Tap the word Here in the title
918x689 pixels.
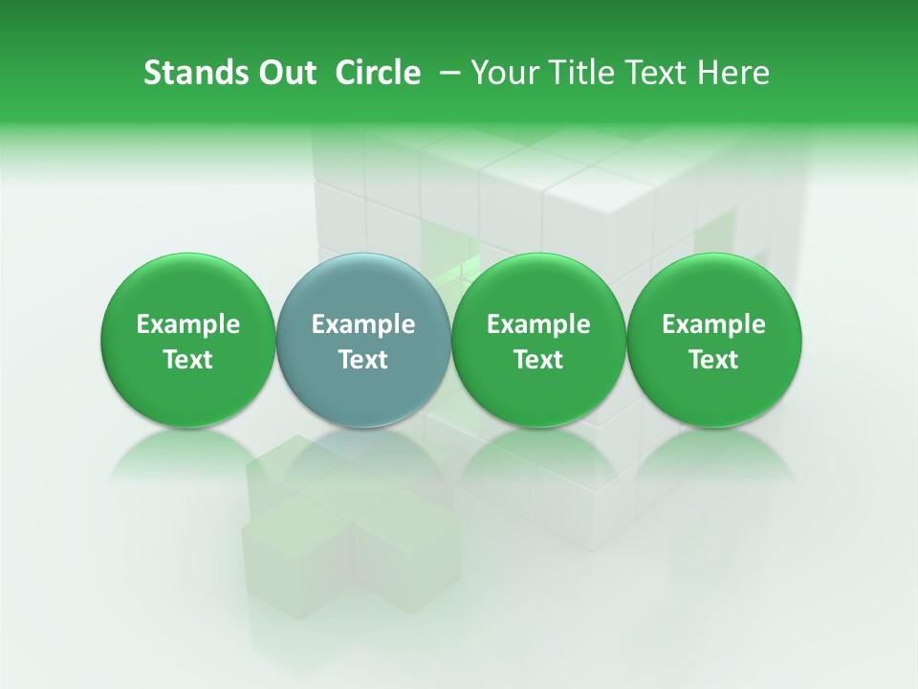pyautogui.click(x=732, y=73)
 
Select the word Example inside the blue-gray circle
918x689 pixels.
pyautogui.click(x=363, y=324)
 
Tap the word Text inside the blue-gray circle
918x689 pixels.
pyautogui.click(x=363, y=360)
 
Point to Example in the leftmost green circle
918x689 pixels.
pyautogui.click(x=188, y=324)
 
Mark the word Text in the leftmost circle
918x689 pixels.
pyautogui.click(x=188, y=360)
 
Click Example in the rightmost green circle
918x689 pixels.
pyautogui.click(x=714, y=324)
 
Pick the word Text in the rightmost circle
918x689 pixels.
pyautogui.click(x=714, y=360)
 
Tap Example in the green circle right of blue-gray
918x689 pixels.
pyautogui.click(x=538, y=324)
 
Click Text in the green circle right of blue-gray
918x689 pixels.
pyautogui.click(x=538, y=360)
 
